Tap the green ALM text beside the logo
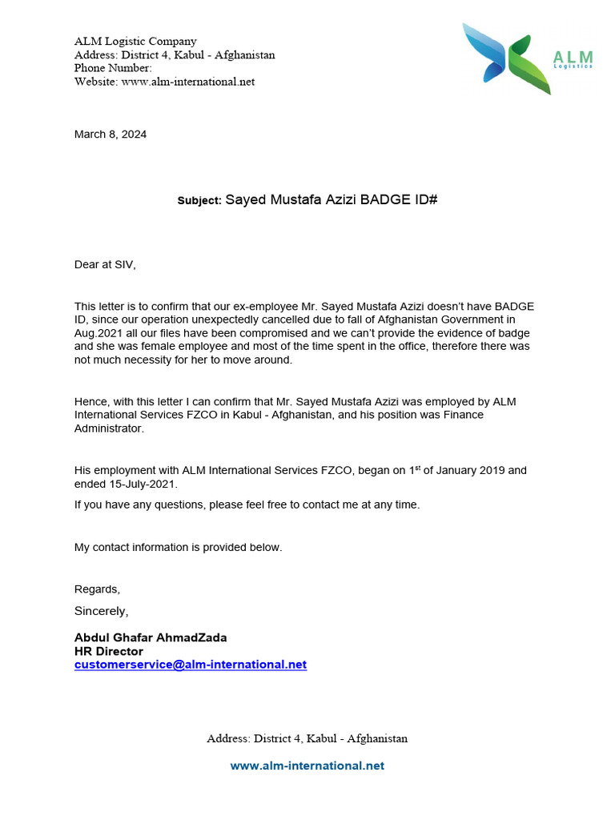pyautogui.click(x=573, y=57)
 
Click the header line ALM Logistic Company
pyautogui.click(x=135, y=41)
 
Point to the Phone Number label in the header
pyautogui.click(x=113, y=68)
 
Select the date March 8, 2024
pyautogui.click(x=111, y=135)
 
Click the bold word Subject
pyautogui.click(x=199, y=201)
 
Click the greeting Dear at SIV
pyautogui.click(x=105, y=264)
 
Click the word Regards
pyautogui.click(x=97, y=589)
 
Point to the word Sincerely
pyautogui.click(x=101, y=611)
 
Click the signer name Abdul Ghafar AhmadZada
pyautogui.click(x=151, y=637)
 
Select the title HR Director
pyautogui.click(x=109, y=651)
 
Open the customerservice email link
pyautogui.click(x=191, y=665)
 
